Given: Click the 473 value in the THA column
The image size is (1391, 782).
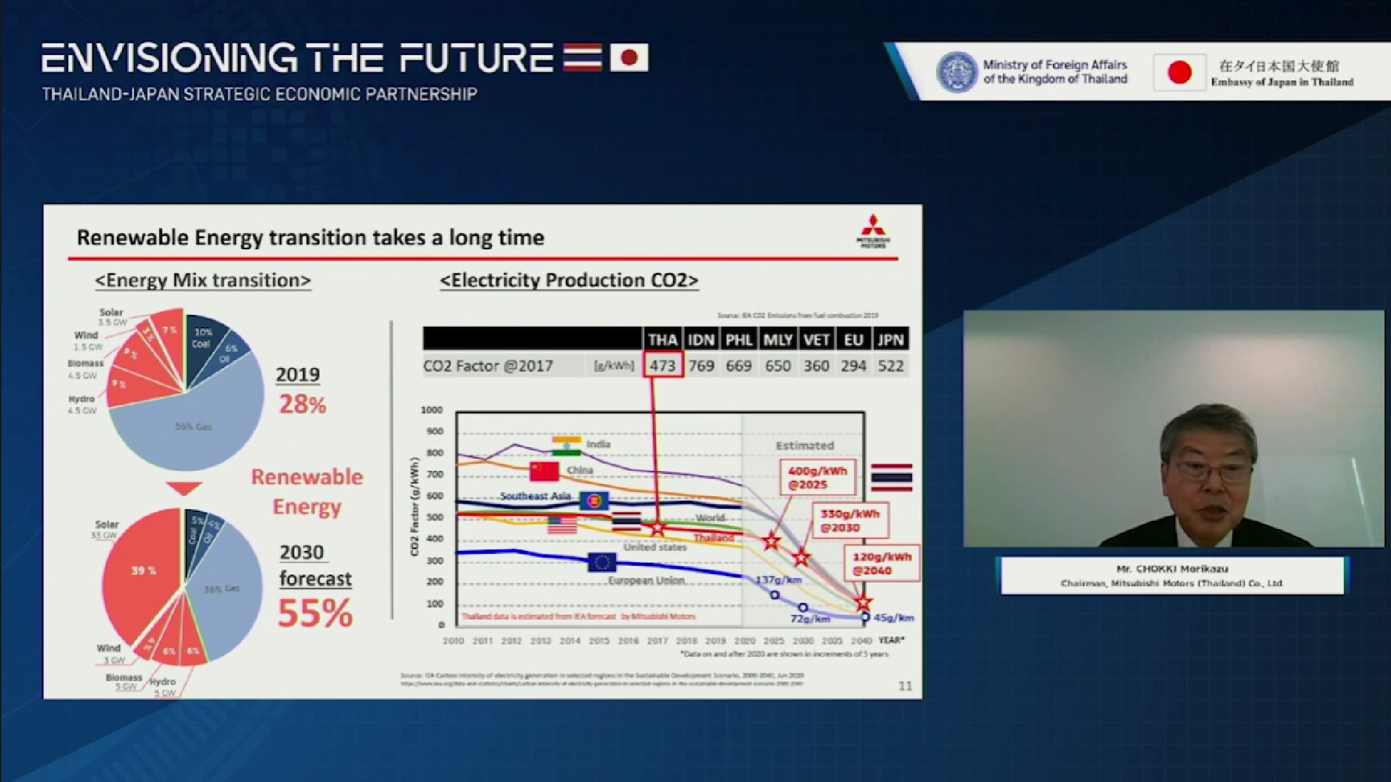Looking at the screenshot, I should coord(662,366).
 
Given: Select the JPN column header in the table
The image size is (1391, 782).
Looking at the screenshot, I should coord(890,340).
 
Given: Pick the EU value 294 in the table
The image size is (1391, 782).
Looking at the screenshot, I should coord(853,366).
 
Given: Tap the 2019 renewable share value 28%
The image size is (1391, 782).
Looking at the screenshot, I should coord(303,404).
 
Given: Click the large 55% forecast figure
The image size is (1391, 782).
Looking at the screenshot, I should coord(315,614).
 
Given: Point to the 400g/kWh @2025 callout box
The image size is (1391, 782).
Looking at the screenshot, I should coord(817,477).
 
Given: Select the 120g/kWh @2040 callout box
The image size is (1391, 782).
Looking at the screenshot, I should coord(881,563).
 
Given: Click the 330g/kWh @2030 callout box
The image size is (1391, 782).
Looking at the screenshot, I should coord(850,520).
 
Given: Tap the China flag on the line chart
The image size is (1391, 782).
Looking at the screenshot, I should coord(544,471).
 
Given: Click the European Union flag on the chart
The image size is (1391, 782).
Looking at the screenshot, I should coord(602,561).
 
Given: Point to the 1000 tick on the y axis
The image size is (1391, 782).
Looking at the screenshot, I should coord(432,410).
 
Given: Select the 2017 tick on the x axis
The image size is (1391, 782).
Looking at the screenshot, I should coord(657,641).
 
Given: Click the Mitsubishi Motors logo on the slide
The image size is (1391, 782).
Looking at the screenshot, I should coord(873,231).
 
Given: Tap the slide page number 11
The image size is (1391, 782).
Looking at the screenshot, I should coord(905,686).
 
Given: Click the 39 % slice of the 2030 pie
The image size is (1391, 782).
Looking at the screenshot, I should coord(144,570).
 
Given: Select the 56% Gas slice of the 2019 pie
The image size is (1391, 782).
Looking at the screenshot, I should coord(193,426).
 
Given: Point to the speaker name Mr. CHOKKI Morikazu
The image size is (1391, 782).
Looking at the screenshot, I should coord(1172,568).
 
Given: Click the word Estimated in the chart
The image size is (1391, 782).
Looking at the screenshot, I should coord(805,445).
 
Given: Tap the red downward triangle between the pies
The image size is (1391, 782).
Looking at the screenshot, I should coord(184,488).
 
